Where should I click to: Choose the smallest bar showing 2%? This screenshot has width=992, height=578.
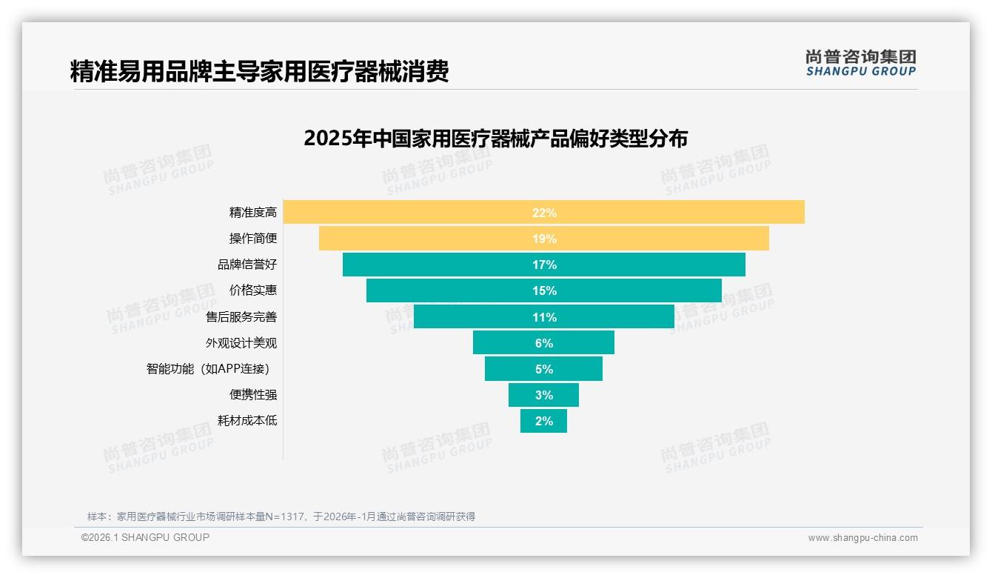[543, 421]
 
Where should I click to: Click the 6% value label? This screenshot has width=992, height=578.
[543, 343]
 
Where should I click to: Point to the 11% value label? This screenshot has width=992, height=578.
[543, 317]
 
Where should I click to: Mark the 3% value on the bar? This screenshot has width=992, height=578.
[543, 395]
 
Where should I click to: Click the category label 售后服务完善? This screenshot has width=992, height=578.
[241, 317]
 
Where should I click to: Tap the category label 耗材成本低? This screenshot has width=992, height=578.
[247, 421]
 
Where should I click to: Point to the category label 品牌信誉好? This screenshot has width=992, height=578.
[247, 265]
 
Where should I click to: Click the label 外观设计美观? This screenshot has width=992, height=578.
[241, 343]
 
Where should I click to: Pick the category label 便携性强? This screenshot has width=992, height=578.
[253, 395]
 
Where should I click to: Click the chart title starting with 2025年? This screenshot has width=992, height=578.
[496, 139]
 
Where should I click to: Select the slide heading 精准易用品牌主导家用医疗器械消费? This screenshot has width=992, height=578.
[259, 72]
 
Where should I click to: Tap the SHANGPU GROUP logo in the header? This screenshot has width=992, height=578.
[860, 63]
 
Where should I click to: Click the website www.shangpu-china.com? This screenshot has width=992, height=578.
[862, 538]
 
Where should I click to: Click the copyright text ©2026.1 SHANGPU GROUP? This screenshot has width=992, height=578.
[145, 537]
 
